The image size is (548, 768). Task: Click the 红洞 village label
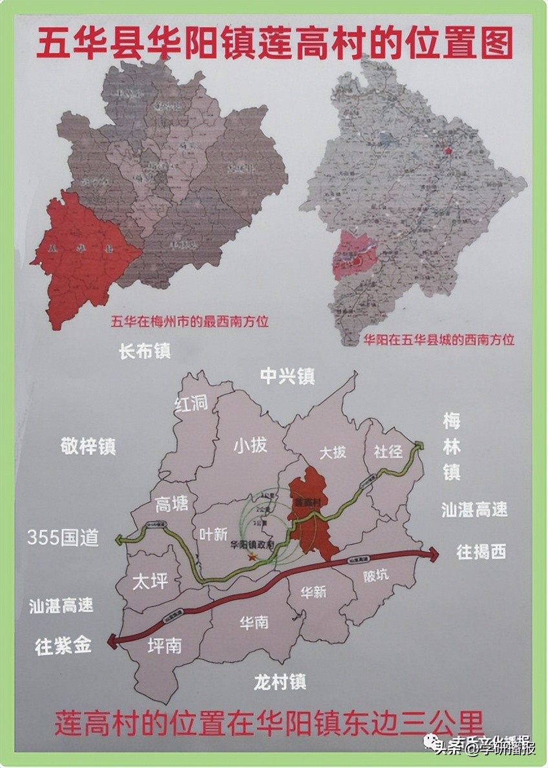click(x=191, y=403)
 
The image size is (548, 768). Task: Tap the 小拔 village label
click(x=250, y=445)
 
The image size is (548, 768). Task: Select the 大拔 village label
click(x=333, y=452)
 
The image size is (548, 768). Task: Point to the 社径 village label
click(x=388, y=451)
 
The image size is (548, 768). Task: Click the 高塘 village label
click(x=172, y=504)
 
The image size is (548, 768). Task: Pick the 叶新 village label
click(x=213, y=534)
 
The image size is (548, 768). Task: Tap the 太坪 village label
click(x=150, y=581)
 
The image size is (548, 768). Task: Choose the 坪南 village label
click(x=164, y=645)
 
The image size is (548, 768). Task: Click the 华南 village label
click(x=254, y=623)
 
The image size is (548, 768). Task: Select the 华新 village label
click(x=313, y=591)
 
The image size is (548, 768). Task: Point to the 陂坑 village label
click(x=376, y=573)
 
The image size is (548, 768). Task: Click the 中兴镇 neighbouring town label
click(x=287, y=376)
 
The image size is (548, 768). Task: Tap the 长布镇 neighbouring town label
click(x=145, y=351)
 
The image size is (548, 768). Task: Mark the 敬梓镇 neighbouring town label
click(x=89, y=445)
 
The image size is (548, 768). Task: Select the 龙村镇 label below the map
click(x=279, y=681)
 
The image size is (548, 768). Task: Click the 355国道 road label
click(x=63, y=538)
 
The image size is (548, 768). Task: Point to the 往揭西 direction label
click(x=481, y=552)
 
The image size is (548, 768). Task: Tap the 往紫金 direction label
click(x=63, y=646)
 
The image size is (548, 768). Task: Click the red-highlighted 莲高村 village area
click(x=312, y=517)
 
